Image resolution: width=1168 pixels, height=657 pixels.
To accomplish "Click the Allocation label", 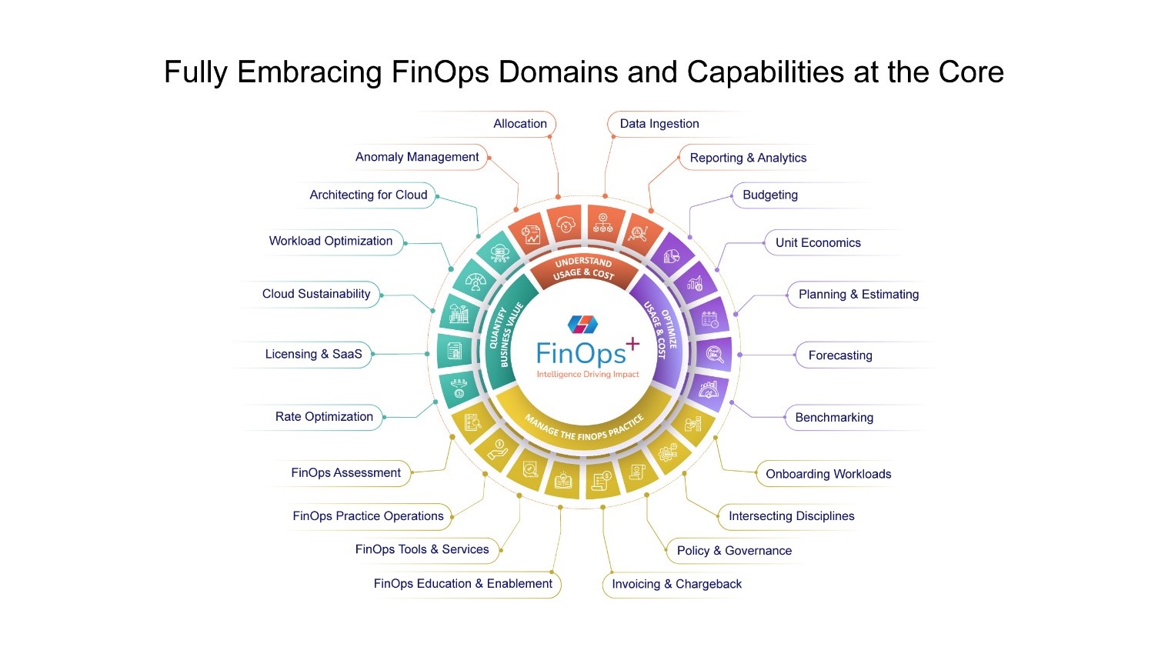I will [520, 124].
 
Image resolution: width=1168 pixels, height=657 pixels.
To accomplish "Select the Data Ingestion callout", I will [659, 124].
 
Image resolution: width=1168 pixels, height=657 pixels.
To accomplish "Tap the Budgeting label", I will [769, 195].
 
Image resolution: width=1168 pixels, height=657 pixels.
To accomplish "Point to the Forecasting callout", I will [839, 355].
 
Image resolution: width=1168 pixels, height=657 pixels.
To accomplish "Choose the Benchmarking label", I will [833, 418].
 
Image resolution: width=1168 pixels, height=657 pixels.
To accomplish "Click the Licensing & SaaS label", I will [313, 355].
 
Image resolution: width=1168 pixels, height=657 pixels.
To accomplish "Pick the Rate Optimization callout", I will [324, 417].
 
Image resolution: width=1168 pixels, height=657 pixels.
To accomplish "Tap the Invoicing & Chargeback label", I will [676, 585].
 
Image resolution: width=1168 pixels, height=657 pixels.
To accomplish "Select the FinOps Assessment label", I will [345, 473].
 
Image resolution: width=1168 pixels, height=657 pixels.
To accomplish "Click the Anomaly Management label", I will [417, 157].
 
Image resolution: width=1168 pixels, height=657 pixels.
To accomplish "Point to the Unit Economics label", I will [817, 243].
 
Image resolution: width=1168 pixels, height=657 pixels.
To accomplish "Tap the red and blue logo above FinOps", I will [582, 325].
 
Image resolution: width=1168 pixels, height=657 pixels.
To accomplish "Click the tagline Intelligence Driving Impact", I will [588, 375].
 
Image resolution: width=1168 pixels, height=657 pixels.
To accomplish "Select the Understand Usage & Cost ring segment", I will [583, 268].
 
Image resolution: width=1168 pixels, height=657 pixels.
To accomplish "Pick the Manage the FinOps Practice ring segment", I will [583, 427].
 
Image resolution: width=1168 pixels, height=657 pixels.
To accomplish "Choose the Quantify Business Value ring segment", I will [505, 336].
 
